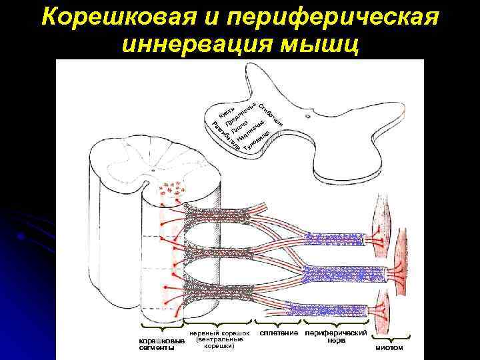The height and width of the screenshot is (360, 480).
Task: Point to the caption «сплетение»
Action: (x=278, y=333)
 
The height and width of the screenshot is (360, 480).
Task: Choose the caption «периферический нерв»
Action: (x=336, y=336)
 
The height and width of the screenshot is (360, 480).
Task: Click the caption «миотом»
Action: (x=389, y=347)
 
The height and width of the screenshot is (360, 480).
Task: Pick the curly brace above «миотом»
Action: (x=389, y=337)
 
